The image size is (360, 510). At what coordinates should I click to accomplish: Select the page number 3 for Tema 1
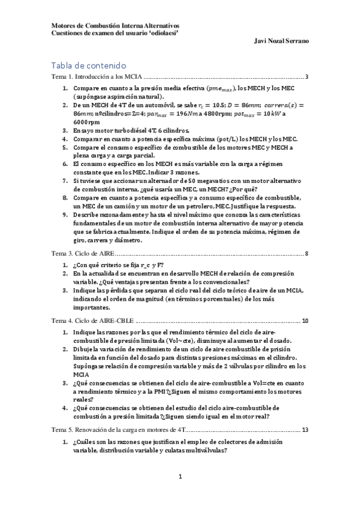coord(307,77)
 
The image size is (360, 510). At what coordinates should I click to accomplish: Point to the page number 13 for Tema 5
coord(305,430)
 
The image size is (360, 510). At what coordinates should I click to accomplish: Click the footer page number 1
coord(180,477)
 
